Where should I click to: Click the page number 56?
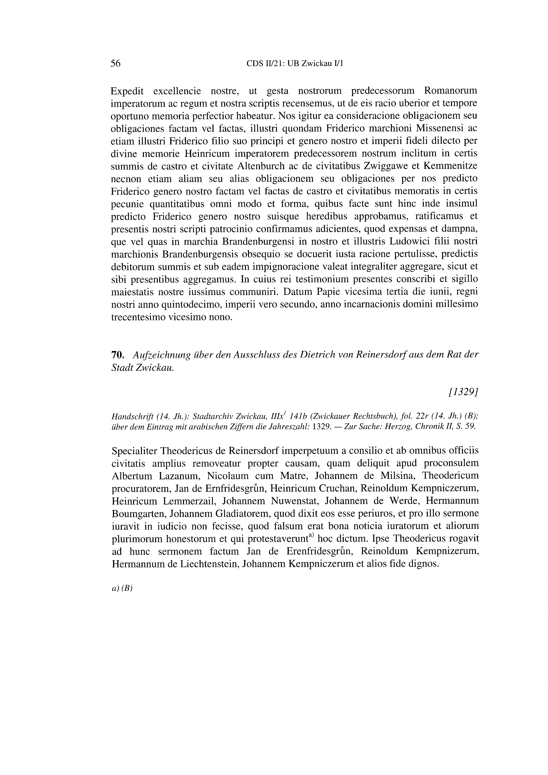coord(116,63)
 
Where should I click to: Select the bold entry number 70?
coord(117,355)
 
